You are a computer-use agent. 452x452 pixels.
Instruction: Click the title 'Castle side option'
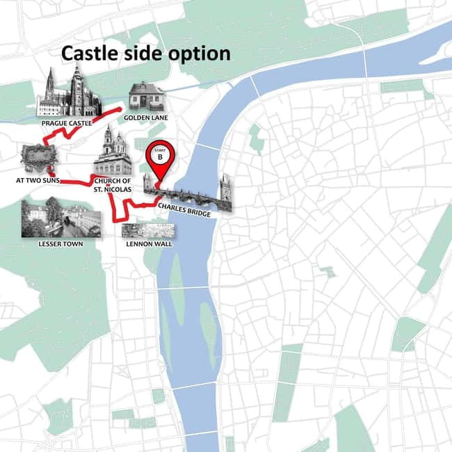coord(145,54)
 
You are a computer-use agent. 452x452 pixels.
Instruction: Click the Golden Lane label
coord(146,118)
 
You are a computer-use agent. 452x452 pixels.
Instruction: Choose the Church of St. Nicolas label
coord(113,185)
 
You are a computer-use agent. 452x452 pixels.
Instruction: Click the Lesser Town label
coord(60,244)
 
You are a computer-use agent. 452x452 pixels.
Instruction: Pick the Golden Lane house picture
coord(147,97)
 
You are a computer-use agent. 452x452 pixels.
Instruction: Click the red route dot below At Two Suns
coord(53,174)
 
